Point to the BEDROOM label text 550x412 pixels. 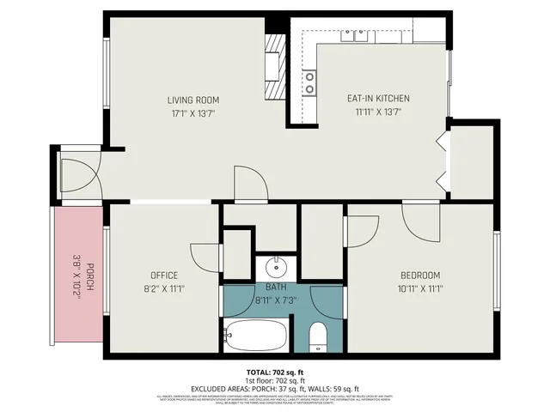[x=420, y=276]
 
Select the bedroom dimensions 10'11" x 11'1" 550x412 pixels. [x=420, y=288]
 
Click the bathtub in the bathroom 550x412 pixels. [x=255, y=335]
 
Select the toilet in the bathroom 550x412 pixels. [x=317, y=337]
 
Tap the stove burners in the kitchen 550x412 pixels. [x=309, y=82]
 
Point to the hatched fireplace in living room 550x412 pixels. [x=274, y=69]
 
